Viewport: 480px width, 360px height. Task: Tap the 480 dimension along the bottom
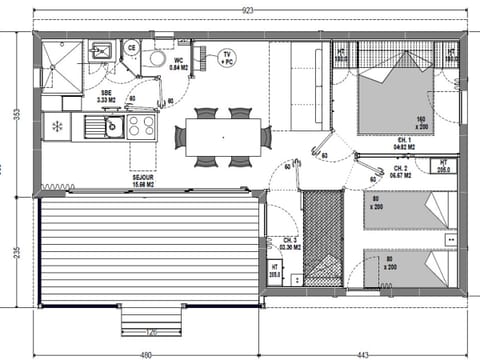pyautogui.click(x=145, y=353)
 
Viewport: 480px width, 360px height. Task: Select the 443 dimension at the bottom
pyautogui.click(x=362, y=353)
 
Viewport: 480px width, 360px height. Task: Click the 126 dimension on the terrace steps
pyautogui.click(x=152, y=332)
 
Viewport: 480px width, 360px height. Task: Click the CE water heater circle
pyautogui.click(x=131, y=47)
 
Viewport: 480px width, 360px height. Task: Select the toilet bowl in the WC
pyautogui.click(x=154, y=58)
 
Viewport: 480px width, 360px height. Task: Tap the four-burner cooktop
pyautogui.click(x=140, y=126)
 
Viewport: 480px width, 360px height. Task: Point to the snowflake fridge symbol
pyautogui.click(x=57, y=126)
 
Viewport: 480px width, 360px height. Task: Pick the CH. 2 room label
pyautogui.click(x=402, y=171)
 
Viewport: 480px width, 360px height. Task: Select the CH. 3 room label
pyautogui.click(x=290, y=242)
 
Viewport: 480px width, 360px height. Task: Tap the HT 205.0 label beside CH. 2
pyautogui.click(x=442, y=166)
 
